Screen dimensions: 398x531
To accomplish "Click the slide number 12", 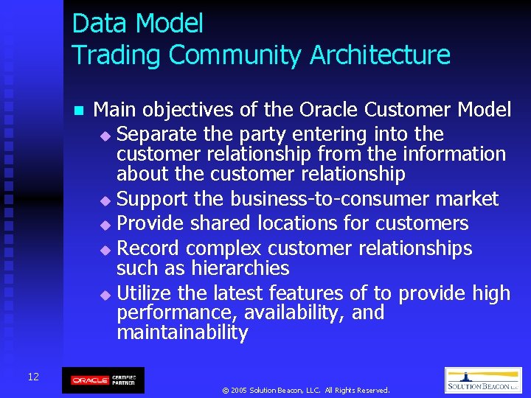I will (x=33, y=377).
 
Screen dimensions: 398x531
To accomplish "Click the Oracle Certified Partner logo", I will (x=103, y=380).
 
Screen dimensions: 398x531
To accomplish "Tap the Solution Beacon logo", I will (x=483, y=380).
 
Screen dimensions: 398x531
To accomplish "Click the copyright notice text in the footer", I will (x=305, y=390).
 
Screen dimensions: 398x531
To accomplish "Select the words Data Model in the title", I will (x=137, y=24).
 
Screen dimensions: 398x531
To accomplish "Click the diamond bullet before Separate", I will (x=105, y=136).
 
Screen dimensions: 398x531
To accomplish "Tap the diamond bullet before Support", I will (x=105, y=200).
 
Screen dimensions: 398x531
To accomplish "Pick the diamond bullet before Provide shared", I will (x=105, y=225).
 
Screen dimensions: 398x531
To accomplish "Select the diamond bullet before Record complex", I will (x=105, y=249).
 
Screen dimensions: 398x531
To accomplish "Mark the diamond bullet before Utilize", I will (x=105, y=295).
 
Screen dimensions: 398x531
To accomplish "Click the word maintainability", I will (x=182, y=332).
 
